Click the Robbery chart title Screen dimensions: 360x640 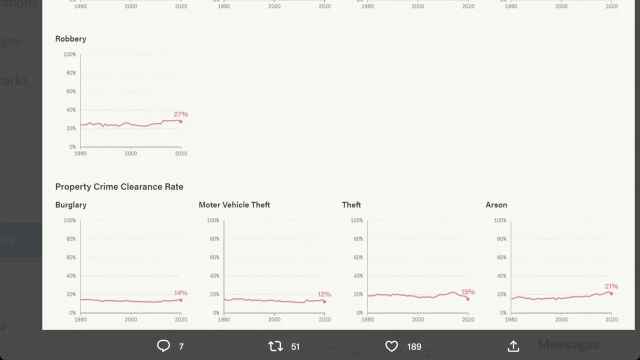pos(70,39)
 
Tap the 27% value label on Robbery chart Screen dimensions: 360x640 pos(180,114)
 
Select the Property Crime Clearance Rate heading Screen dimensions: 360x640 pos(119,186)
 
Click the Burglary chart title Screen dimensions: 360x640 pos(70,205)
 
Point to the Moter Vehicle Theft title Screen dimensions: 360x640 pos(234,205)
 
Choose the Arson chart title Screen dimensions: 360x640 pos(496,205)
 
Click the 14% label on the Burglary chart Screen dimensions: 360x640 pos(180,293)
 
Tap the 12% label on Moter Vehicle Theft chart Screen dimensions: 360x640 pos(324,294)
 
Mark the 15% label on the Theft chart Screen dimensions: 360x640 pos(467,292)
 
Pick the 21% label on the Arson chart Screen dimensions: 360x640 pos(611,286)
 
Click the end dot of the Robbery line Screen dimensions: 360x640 pos(181,121)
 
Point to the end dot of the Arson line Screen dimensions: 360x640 pos(611,293)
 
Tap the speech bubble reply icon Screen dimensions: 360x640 pos(163,346)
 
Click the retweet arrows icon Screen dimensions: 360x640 pos(275,346)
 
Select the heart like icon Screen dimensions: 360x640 pos(391,346)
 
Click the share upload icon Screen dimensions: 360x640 pos(513,346)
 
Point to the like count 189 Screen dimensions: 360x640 pos(414,346)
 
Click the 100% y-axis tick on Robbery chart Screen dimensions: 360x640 pos(69,54)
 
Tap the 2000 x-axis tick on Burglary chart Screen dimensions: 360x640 pos(130,319)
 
